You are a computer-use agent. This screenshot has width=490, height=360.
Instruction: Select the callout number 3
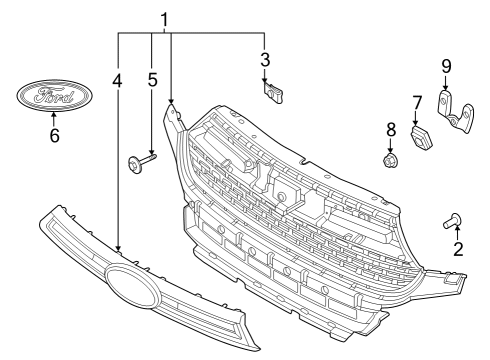pyautogui.click(x=265, y=59)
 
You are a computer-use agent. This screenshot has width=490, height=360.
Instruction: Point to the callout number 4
pyautogui.click(x=118, y=78)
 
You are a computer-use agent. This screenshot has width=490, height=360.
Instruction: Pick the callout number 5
pyautogui.click(x=152, y=78)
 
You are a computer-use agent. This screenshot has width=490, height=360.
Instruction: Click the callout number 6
pyautogui.click(x=54, y=133)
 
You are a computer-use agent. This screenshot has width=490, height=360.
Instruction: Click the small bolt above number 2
pyautogui.click(x=450, y=221)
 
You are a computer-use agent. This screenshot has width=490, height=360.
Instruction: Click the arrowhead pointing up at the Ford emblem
pyautogui.click(x=54, y=116)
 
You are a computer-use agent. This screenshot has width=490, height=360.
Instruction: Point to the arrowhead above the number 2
pyautogui.click(x=458, y=230)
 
